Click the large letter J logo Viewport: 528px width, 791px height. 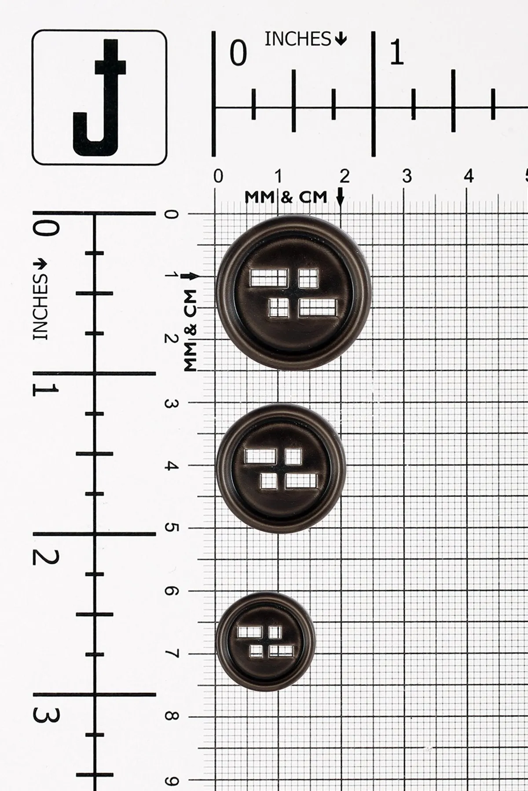coord(99,98)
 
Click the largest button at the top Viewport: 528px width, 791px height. coord(293,293)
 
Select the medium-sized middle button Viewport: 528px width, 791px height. coord(281,468)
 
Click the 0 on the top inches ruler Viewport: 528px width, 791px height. coord(238,53)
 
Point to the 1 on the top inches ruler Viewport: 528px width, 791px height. coord(397,53)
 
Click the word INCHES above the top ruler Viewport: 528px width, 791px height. coord(297,40)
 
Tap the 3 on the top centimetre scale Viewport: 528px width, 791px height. coord(407,176)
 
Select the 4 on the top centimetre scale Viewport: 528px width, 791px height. coord(469,176)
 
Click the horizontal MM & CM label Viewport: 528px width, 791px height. coord(286,197)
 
